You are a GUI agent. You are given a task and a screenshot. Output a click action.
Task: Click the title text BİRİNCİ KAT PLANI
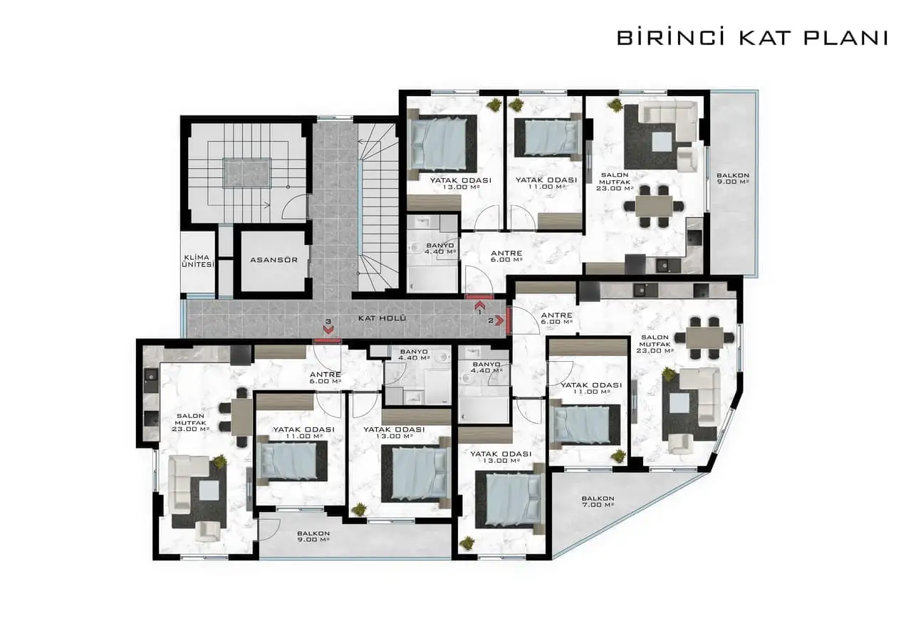(x=751, y=38)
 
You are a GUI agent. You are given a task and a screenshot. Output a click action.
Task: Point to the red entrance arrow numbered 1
(x=479, y=305)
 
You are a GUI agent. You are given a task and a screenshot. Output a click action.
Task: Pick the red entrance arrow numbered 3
(x=328, y=329)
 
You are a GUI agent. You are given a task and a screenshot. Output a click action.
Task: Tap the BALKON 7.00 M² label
(x=597, y=501)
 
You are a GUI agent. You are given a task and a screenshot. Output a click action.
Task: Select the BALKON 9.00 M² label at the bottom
(x=313, y=536)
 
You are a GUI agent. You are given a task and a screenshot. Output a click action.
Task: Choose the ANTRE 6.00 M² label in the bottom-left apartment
(x=326, y=377)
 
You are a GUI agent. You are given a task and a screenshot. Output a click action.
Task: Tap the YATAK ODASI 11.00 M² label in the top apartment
(x=546, y=183)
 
